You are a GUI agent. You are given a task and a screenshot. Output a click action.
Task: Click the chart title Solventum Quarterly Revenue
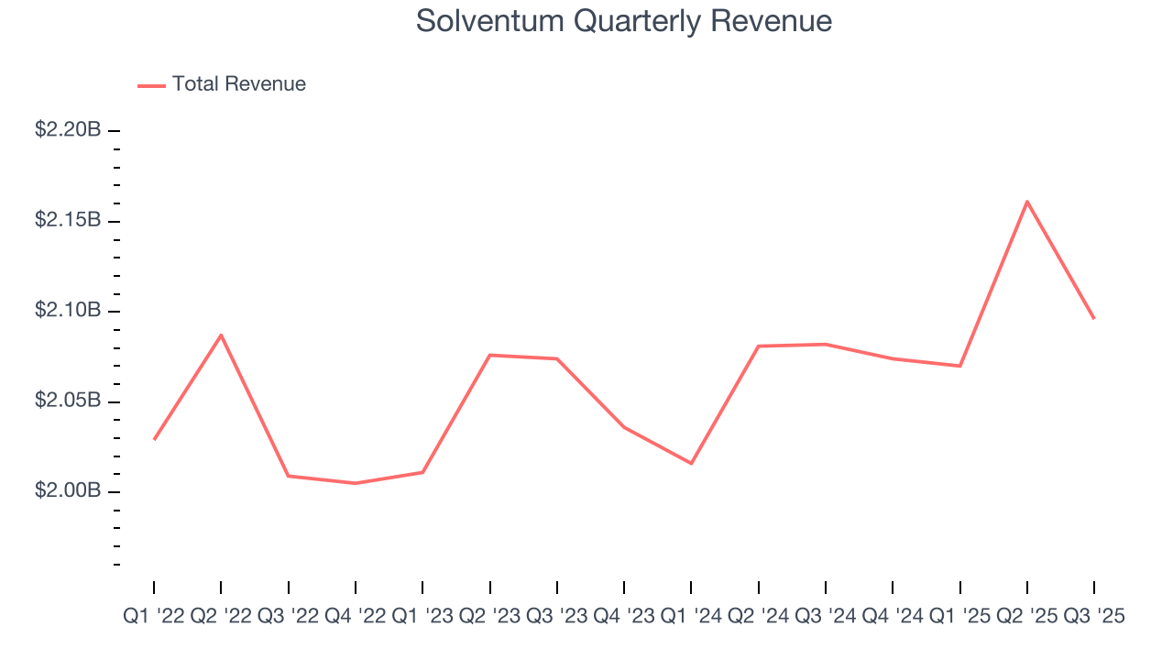624,21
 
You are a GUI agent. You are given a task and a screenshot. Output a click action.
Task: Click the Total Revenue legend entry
238,84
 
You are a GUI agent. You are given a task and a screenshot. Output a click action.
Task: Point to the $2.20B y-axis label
68,130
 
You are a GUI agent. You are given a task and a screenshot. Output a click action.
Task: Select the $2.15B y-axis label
68,221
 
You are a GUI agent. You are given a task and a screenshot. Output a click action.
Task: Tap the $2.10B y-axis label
68,311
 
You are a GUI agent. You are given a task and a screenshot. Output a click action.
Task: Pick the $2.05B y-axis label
68,401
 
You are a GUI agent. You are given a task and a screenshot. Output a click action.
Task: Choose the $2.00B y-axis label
68,491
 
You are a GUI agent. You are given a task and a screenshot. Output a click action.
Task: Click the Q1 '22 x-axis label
153,617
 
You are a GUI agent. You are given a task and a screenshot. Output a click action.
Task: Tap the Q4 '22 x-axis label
356,617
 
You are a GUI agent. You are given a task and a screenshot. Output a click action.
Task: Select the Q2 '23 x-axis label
490,617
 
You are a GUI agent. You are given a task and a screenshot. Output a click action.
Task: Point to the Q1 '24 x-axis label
691,617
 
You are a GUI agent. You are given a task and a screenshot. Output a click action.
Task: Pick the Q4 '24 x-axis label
893,617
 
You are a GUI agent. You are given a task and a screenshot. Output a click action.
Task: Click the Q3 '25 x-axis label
1094,617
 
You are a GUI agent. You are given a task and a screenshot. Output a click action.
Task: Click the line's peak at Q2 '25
1027,201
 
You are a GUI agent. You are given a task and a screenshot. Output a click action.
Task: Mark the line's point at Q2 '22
221,335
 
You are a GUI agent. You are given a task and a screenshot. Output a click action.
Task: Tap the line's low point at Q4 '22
356,483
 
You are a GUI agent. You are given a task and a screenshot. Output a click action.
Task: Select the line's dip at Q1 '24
691,463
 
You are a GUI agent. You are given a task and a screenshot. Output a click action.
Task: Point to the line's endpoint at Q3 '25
1094,318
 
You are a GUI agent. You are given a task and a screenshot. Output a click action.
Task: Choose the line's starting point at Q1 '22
154,439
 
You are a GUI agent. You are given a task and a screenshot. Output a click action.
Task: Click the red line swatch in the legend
151,85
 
